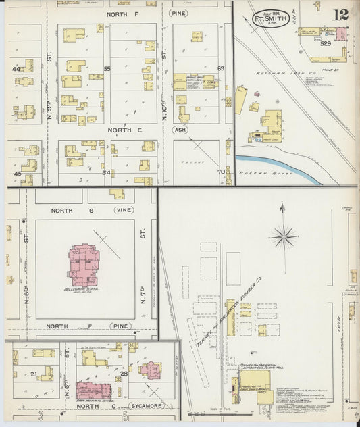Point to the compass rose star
coord(284,236)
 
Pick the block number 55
coord(107,69)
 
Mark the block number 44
coord(16,69)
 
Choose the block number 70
coord(220,172)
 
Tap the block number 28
coord(124,373)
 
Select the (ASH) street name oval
coord(180,130)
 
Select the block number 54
coord(106,172)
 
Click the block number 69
coord(220,68)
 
